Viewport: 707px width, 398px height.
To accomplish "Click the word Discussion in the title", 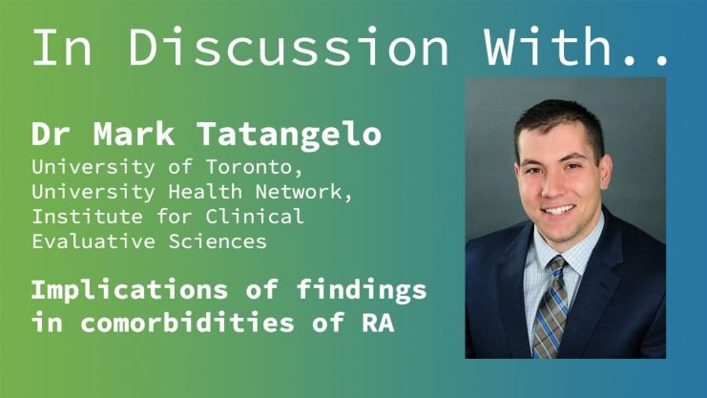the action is pyautogui.click(x=288, y=47).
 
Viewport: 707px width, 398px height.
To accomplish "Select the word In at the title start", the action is pyautogui.click(x=62, y=47).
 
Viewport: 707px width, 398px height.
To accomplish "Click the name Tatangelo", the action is pyautogui.click(x=289, y=134).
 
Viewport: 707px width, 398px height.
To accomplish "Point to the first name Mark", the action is pyautogui.click(x=134, y=134).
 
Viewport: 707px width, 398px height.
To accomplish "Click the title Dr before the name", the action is pyautogui.click(x=50, y=134).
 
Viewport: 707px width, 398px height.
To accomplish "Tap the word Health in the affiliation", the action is pyautogui.click(x=205, y=192).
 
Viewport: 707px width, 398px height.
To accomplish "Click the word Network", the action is pyautogui.click(x=303, y=192).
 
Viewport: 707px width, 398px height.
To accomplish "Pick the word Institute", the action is pyautogui.click(x=87, y=216).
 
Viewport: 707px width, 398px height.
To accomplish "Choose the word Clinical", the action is pyautogui.click(x=255, y=216).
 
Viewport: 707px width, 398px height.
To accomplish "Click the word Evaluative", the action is pyautogui.click(x=94, y=241).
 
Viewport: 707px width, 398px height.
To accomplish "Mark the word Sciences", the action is pyautogui.click(x=218, y=241).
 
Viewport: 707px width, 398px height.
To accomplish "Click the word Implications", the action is pyautogui.click(x=130, y=291).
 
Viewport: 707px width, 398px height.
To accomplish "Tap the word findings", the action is pyautogui.click(x=362, y=291).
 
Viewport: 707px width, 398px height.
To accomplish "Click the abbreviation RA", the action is pyautogui.click(x=378, y=323).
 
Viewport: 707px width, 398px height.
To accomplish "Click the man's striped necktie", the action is pyautogui.click(x=550, y=306).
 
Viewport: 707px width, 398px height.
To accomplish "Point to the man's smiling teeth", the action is pyautogui.click(x=559, y=210).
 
